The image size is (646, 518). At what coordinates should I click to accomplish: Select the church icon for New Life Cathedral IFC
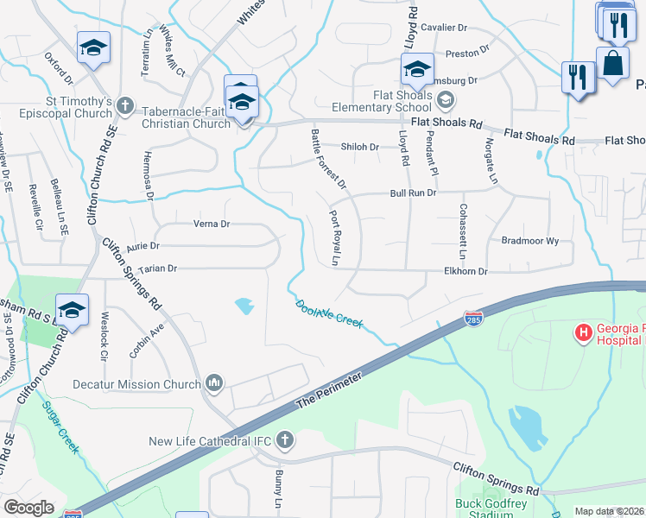coord(284,442)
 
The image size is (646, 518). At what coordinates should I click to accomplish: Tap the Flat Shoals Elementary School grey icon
coord(444,101)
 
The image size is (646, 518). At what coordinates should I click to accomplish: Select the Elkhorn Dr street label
coord(465,271)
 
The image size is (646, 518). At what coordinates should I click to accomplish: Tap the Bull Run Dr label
coord(414,193)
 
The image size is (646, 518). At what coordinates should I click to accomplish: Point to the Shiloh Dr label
coord(360,147)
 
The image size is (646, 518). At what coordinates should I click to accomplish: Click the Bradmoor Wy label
coord(530,241)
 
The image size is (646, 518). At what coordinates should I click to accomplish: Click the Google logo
coord(29,508)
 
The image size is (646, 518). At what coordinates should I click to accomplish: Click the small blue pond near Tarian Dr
coord(244,305)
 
